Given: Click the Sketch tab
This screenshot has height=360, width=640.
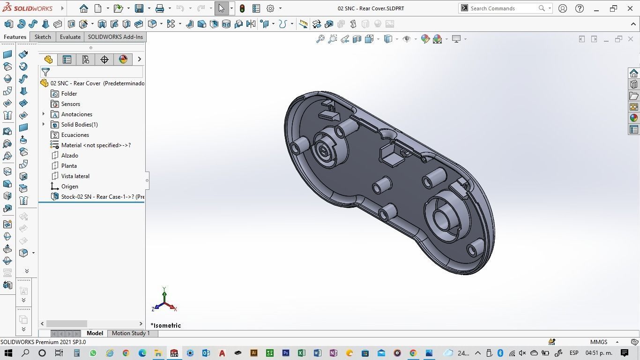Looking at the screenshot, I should (43, 37).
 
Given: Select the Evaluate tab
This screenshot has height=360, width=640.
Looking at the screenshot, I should (70, 37).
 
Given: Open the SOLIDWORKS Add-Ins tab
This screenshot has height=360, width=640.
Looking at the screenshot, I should (115, 37).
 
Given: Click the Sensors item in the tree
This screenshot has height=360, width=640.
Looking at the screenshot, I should (70, 104).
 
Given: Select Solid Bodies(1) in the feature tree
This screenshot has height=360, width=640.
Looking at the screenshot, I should (79, 125).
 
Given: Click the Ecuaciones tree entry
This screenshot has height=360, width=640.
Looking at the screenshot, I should (75, 135).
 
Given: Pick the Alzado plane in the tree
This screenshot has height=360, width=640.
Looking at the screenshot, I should (69, 156).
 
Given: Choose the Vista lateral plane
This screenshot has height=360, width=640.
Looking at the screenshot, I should (75, 176).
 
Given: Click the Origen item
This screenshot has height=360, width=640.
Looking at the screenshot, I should (69, 187).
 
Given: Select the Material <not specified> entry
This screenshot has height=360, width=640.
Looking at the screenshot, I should (96, 145).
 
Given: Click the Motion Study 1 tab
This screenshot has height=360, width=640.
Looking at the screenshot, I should (131, 333).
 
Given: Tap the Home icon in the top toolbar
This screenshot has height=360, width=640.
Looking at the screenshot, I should (83, 8).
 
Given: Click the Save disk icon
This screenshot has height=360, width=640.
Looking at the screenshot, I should (139, 8).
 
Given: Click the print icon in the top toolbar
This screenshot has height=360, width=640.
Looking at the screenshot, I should (160, 8).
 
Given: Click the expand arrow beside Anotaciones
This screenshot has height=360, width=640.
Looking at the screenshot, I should (44, 114).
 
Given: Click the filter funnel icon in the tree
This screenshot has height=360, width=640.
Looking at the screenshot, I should (45, 72).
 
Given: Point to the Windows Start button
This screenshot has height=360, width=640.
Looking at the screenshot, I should (8, 353).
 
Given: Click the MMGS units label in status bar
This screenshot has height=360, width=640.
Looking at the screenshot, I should (598, 342).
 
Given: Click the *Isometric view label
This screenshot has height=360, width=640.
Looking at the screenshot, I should (165, 325).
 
